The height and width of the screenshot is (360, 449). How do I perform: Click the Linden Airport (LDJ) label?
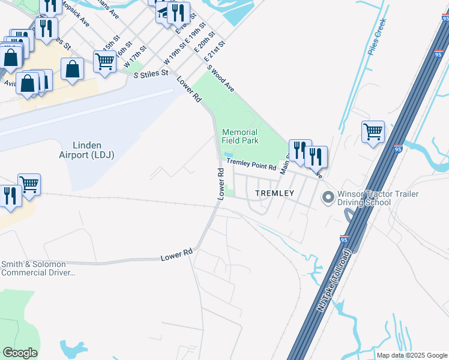click(x=93, y=150)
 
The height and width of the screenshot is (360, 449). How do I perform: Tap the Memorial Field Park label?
click(x=240, y=136)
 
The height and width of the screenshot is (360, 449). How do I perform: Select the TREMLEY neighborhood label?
click(x=274, y=193)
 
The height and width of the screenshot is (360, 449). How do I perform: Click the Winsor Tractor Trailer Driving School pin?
click(x=328, y=197)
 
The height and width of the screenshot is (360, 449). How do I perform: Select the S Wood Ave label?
click(x=220, y=77)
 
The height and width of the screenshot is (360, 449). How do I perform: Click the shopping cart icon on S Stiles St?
click(x=104, y=61)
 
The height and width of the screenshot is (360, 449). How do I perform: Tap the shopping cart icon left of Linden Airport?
click(x=28, y=184)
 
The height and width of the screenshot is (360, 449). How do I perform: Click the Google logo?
click(x=20, y=353)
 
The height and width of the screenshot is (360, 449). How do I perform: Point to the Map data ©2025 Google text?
click(x=411, y=355)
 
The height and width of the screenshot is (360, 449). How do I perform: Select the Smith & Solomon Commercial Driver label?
click(x=38, y=268)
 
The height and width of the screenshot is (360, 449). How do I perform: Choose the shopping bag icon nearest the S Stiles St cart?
click(x=73, y=69)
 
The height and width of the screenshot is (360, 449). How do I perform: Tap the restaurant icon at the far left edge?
click(x=10, y=195)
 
